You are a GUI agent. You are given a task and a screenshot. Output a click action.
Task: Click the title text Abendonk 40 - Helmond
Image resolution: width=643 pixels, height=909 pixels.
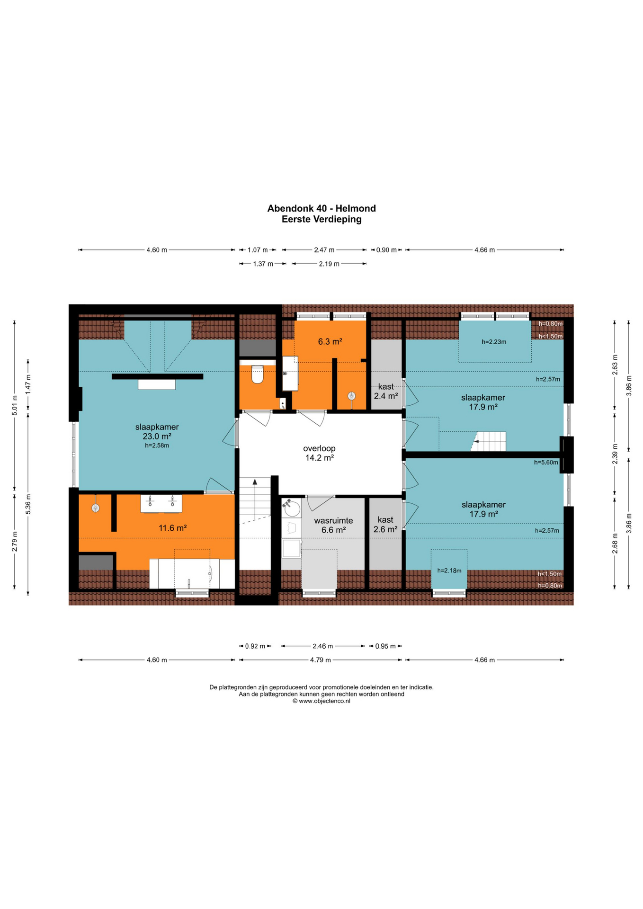(x=321, y=208)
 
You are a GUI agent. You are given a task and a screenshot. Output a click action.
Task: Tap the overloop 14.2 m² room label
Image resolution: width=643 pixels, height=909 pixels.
(x=320, y=453)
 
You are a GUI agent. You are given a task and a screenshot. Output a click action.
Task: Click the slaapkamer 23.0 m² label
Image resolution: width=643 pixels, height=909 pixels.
(x=157, y=432)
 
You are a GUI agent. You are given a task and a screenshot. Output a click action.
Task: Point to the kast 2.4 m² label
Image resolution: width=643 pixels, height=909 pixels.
(x=386, y=392)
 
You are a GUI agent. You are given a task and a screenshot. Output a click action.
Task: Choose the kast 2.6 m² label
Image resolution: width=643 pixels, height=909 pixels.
(x=385, y=525)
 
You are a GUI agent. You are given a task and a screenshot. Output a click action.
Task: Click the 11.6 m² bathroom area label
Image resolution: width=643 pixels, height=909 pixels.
(x=172, y=528)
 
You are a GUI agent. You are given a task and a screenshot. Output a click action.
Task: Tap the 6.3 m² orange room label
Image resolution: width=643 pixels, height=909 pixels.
(x=330, y=341)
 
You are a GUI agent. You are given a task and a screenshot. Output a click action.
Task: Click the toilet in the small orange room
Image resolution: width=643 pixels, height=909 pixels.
(x=257, y=374)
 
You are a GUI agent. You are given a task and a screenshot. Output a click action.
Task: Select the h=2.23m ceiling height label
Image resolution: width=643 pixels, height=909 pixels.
(x=494, y=342)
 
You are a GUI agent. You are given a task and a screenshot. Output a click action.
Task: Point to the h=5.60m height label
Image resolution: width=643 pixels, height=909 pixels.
(x=546, y=463)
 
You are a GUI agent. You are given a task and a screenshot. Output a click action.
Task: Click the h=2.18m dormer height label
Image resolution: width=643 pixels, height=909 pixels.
(x=449, y=570)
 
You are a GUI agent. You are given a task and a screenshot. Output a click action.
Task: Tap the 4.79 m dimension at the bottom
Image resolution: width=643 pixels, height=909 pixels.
(x=321, y=660)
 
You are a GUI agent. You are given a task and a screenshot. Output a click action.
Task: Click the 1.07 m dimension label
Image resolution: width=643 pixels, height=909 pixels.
(x=258, y=250)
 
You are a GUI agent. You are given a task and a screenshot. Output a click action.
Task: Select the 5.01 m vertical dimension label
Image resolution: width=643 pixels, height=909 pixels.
(x=15, y=405)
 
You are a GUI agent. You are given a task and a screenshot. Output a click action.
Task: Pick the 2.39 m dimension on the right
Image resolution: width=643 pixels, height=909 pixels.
(x=615, y=454)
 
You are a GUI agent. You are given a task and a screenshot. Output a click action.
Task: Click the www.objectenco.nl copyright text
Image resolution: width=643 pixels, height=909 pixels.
(x=321, y=701)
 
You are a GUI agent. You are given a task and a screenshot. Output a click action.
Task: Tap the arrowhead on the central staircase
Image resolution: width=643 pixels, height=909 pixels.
(x=255, y=482)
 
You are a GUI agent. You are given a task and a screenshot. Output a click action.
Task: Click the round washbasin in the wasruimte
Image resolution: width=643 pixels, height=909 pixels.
(x=291, y=508)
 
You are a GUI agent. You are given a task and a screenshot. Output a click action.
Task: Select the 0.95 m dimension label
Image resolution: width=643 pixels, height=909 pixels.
(x=385, y=646)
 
